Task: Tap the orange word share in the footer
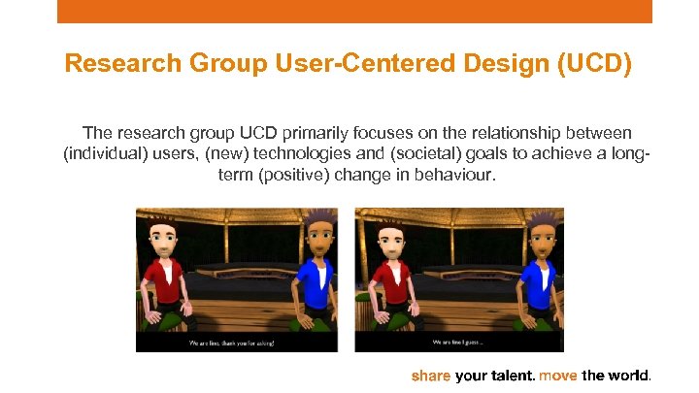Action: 431,376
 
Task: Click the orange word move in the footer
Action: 558,376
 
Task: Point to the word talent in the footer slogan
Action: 512,376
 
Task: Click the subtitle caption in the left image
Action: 237,343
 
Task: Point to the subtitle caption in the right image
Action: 457,343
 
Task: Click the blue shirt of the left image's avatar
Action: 313,291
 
